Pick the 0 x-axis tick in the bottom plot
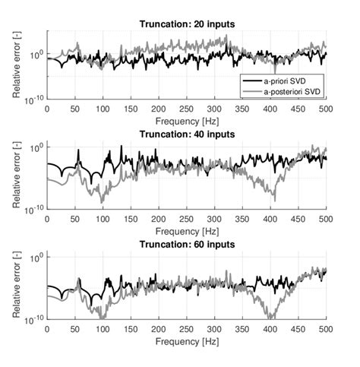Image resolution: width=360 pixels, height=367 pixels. click(47, 329)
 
